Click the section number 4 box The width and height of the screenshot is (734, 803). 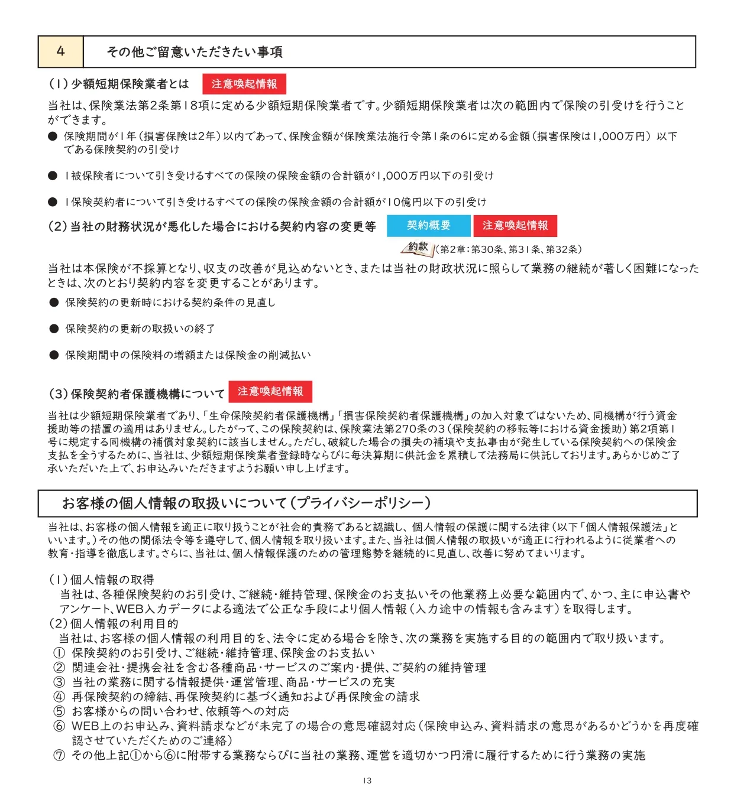coord(60,51)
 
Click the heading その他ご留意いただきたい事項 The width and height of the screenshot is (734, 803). coord(195,52)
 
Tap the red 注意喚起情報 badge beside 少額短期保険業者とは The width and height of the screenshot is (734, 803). coord(244,84)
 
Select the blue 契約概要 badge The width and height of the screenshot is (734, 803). coord(428,226)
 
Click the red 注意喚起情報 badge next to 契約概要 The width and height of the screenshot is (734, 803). coord(515,226)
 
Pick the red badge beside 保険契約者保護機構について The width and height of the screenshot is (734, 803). coord(270,392)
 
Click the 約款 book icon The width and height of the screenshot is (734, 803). coord(418,248)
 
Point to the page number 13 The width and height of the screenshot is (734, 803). coord(367,781)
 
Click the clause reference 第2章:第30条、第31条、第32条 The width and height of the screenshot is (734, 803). coord(510,249)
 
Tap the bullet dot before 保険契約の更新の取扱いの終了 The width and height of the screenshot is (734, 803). coord(54,329)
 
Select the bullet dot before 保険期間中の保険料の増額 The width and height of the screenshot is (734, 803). coord(54,355)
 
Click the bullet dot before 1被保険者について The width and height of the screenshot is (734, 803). coord(53,176)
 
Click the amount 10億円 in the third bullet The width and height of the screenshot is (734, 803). coord(408,202)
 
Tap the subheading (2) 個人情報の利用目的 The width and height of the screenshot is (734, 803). coord(113,623)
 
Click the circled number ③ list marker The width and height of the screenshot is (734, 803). coord(59,682)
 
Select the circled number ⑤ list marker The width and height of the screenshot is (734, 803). coord(59,711)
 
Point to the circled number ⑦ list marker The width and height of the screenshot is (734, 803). coord(59,755)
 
